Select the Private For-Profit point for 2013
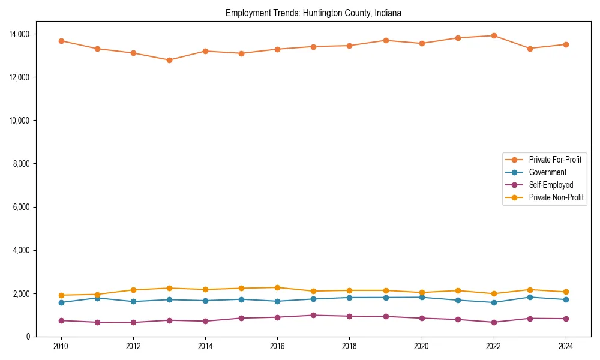pos(169,60)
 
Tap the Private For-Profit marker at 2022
pos(493,35)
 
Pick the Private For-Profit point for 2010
pos(61,41)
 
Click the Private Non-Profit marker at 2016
pos(277,287)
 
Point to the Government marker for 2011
pos(97,298)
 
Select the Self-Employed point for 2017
pos(313,315)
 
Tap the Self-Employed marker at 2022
pos(493,322)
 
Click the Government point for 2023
pos(529,297)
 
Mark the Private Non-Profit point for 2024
pos(565,292)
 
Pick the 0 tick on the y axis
pos(27,337)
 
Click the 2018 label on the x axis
pos(349,346)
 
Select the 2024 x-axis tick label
pos(565,346)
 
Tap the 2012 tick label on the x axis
pos(133,346)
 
